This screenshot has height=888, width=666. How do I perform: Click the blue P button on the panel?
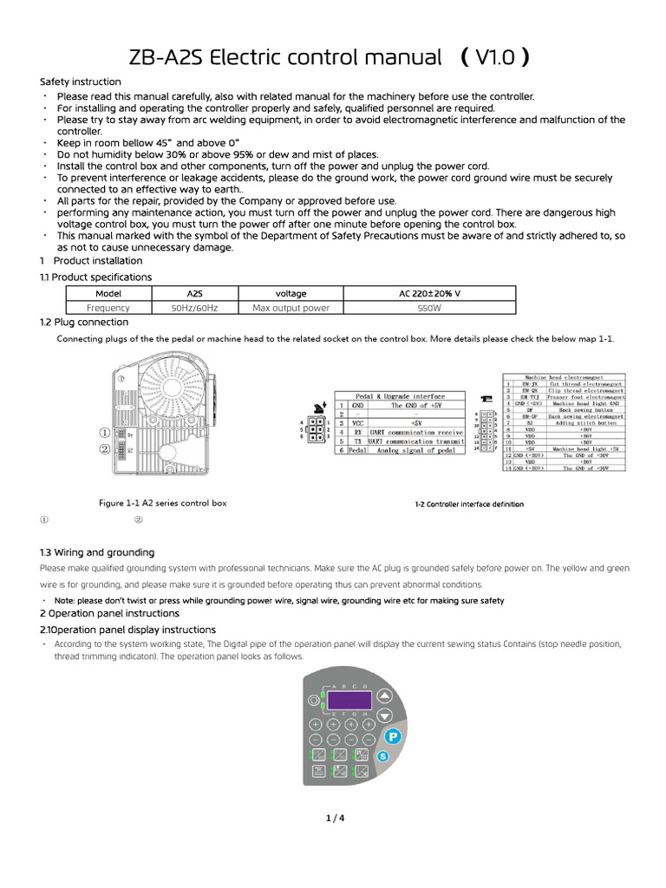click(391, 735)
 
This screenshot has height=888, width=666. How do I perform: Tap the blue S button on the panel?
click(383, 757)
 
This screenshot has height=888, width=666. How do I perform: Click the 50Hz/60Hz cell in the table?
click(195, 307)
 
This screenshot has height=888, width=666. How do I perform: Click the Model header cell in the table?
click(108, 293)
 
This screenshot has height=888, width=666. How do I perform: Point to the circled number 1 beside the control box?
click(104, 433)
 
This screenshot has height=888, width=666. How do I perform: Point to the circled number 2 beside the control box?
click(104, 449)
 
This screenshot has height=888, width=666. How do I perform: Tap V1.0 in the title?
click(496, 58)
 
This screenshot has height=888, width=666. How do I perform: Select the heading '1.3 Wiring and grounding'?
click(97, 552)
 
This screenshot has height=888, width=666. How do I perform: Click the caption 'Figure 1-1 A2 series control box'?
click(162, 503)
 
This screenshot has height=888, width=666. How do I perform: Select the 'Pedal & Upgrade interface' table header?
click(400, 395)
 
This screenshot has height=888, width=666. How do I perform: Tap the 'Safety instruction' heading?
click(81, 82)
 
